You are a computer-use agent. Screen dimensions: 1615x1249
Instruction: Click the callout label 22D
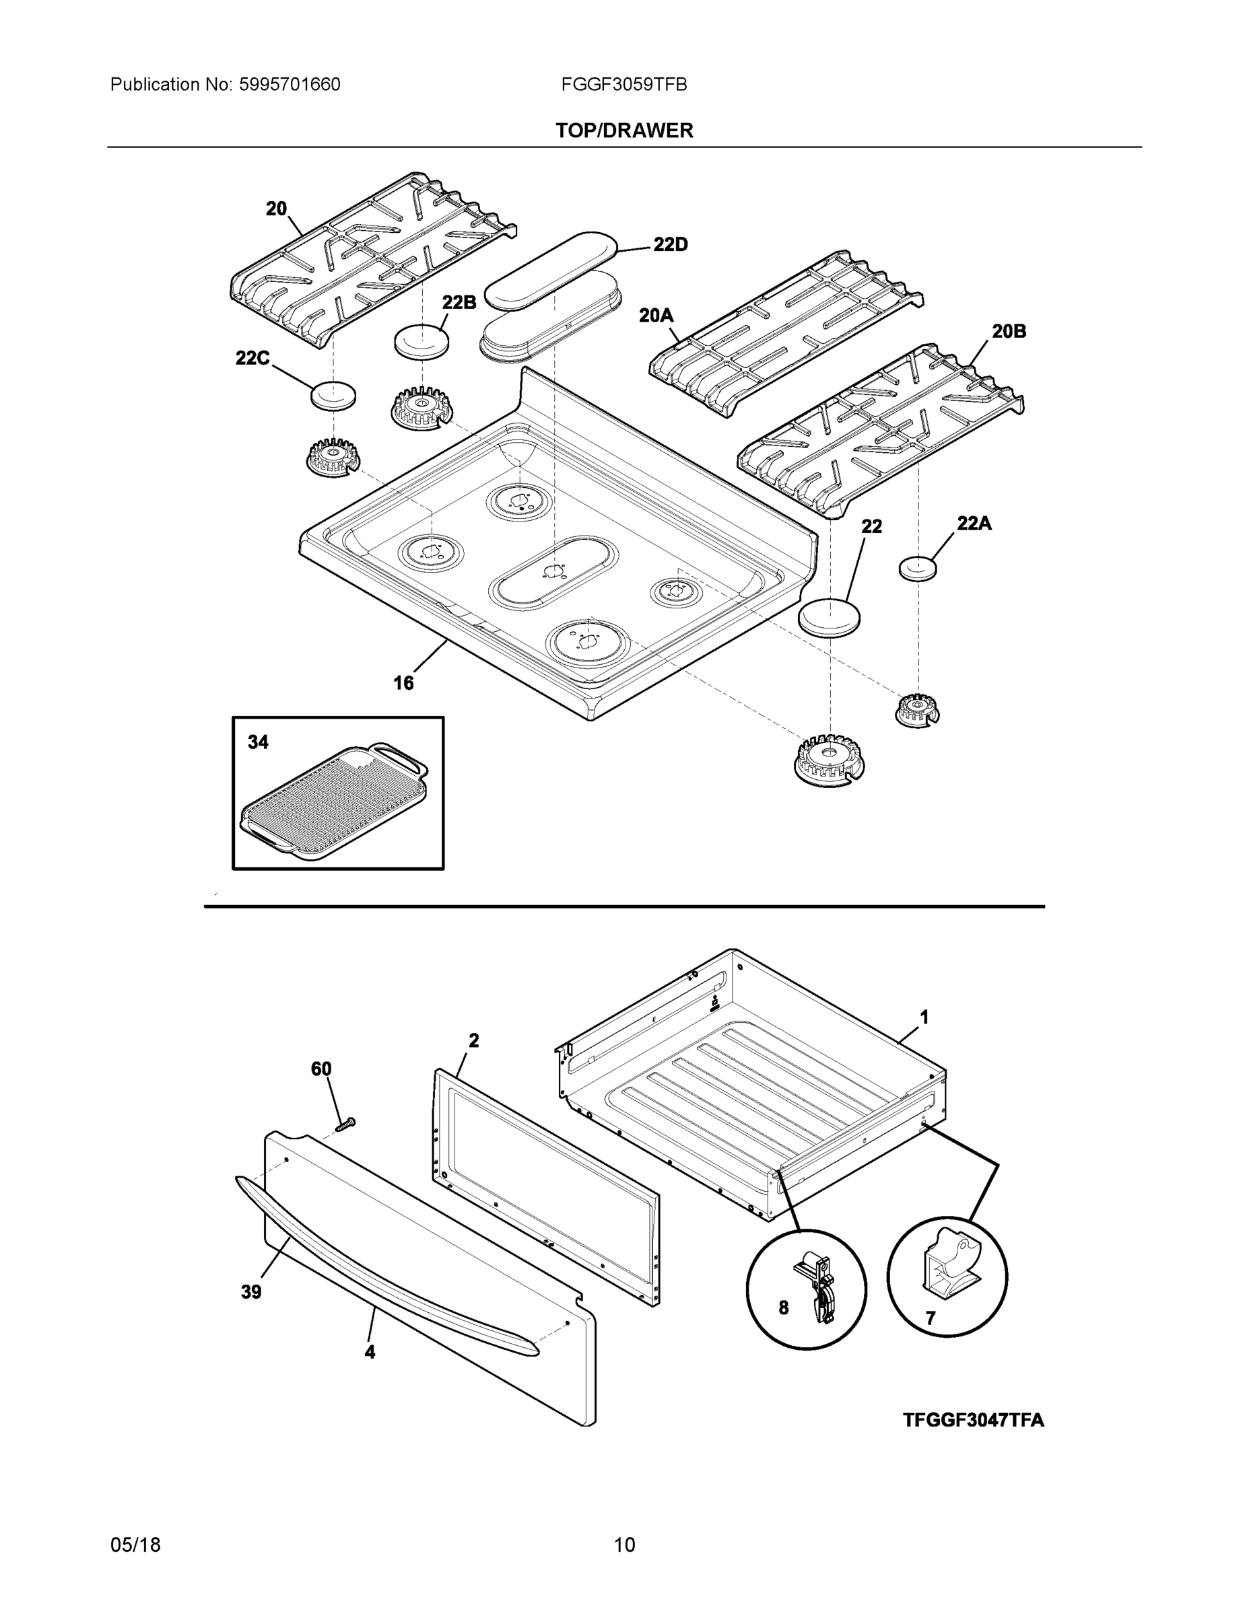coord(670,245)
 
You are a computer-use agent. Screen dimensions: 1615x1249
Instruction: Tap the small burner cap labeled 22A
coord(918,569)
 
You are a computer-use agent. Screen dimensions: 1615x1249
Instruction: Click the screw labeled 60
coord(345,1124)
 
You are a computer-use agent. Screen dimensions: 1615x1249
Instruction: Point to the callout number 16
coord(403,683)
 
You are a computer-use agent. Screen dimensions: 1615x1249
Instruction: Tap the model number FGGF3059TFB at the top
coord(623,85)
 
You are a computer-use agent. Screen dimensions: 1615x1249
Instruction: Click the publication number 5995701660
coord(290,85)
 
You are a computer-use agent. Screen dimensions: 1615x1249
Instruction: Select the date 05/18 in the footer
coord(135,1545)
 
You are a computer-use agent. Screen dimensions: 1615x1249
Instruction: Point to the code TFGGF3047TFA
coord(973,1421)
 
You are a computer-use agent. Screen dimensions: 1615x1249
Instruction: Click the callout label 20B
coord(1009,332)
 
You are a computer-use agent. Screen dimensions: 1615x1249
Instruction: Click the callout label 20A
coord(656,316)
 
